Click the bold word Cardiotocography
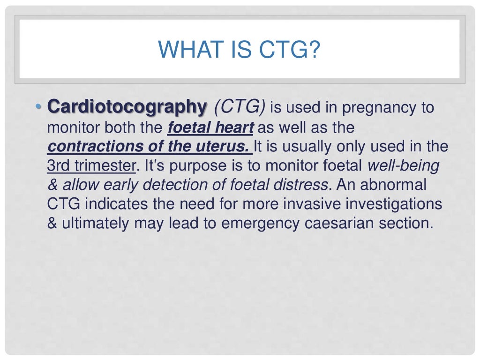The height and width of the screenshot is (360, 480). (x=127, y=108)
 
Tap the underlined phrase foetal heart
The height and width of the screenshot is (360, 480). (x=210, y=127)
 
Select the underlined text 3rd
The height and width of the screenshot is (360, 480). (x=57, y=166)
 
